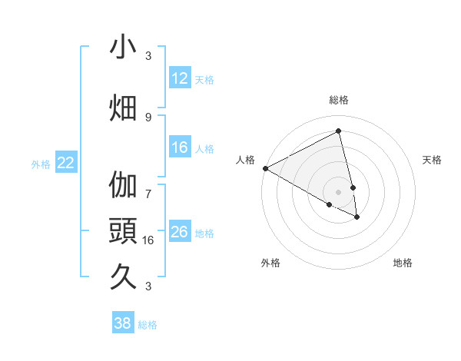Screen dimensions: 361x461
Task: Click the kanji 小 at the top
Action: pyautogui.click(x=123, y=48)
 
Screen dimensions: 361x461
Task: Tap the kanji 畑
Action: pyautogui.click(x=123, y=108)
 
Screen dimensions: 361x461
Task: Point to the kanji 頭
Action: pyautogui.click(x=123, y=230)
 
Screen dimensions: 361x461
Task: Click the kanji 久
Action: pyautogui.click(x=123, y=275)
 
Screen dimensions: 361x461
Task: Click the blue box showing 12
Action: pyautogui.click(x=180, y=78)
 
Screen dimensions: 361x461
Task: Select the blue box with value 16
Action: pyautogui.click(x=180, y=148)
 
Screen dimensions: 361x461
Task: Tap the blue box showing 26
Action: pyautogui.click(x=180, y=232)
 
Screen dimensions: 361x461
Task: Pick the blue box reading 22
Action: pyautogui.click(x=66, y=163)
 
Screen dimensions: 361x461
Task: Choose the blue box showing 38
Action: pyautogui.click(x=123, y=324)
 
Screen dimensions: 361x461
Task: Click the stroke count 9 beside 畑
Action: pyautogui.click(x=148, y=117)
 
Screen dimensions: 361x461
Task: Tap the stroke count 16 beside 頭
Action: pyautogui.click(x=150, y=240)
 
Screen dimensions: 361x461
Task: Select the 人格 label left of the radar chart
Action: pyautogui.click(x=246, y=160)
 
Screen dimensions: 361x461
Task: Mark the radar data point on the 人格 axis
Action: pyautogui.click(x=265, y=168)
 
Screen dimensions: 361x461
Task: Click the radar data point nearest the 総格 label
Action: pyautogui.click(x=338, y=131)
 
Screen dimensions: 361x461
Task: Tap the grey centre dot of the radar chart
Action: pyautogui.click(x=338, y=191)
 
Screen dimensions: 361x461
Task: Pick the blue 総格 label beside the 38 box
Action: pyautogui.click(x=148, y=325)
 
